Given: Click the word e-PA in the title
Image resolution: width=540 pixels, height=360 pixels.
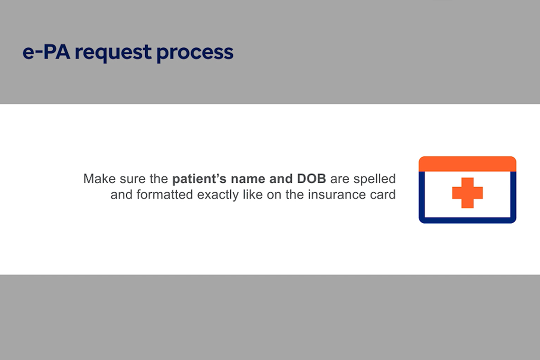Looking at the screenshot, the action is coord(46,52).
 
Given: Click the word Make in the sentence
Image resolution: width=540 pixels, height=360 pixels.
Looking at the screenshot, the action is coord(99,178).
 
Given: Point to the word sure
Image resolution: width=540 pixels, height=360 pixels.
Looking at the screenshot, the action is coord(132,179).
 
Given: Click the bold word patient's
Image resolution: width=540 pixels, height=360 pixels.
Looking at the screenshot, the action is coord(199,179).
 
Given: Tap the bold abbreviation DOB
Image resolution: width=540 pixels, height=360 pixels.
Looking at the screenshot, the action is coord(311,178).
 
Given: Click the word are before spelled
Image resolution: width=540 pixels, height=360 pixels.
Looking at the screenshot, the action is coord(340,179).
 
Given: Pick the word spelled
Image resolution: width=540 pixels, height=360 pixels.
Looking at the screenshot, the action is coord(374,179).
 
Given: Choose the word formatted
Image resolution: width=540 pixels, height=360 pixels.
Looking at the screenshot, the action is coord(164,194).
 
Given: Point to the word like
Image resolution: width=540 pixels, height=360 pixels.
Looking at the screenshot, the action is coord(253,194).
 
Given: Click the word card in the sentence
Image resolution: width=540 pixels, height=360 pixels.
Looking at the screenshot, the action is coord(383,194).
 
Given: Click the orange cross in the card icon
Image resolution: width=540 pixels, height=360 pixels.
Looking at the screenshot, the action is coord(467,193).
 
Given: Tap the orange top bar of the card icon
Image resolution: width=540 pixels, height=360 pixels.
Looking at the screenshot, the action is coord(467,164).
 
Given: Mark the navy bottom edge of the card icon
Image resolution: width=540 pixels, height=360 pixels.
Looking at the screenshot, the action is coord(467,220).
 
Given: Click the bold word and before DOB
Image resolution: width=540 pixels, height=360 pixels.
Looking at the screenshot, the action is coord(281,178).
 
